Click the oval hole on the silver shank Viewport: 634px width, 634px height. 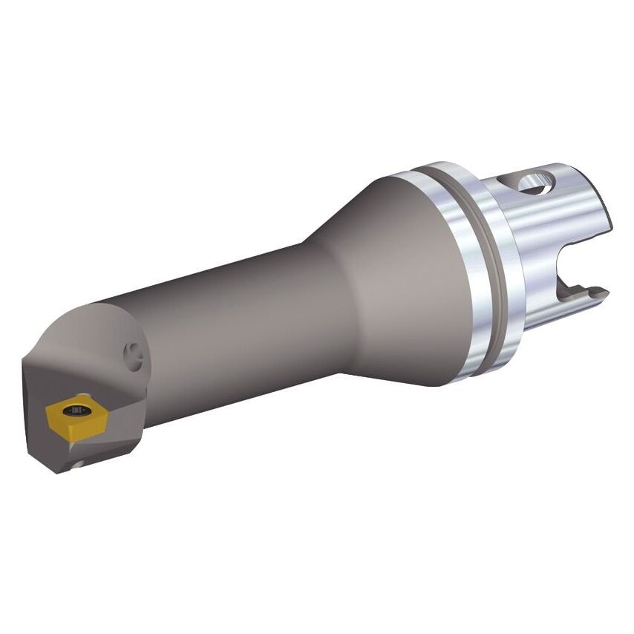[537, 180]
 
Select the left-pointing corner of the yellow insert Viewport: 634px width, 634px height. [47, 408]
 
